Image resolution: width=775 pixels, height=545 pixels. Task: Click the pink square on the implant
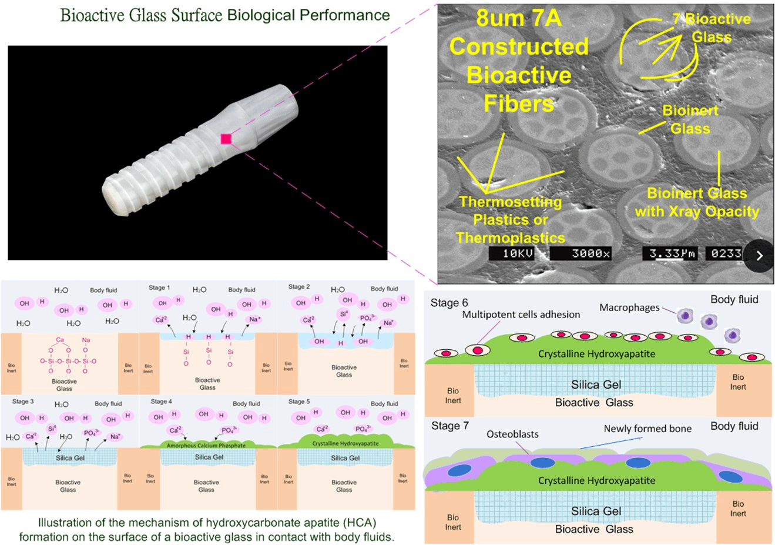click(226, 139)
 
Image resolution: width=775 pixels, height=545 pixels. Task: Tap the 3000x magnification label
click(591, 253)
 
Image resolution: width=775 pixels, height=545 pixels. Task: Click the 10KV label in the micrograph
click(518, 253)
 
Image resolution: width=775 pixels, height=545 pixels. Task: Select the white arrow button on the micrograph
click(759, 256)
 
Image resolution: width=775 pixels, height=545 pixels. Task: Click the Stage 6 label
click(449, 303)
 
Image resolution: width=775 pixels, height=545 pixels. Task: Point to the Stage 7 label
click(449, 426)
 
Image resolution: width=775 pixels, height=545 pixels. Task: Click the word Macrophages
click(629, 307)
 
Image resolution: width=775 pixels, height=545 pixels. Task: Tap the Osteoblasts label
click(512, 434)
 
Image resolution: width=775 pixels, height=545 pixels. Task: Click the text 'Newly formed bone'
click(647, 429)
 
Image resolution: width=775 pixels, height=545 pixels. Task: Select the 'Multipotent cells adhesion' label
click(521, 315)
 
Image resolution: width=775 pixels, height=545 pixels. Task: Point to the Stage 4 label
click(161, 402)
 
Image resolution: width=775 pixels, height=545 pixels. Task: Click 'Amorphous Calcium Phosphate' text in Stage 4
click(206, 446)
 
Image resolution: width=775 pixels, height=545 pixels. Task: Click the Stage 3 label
click(23, 402)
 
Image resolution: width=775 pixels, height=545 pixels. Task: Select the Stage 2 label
click(298, 287)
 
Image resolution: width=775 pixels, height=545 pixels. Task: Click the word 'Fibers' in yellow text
click(519, 103)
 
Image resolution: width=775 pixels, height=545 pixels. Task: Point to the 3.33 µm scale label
click(672, 253)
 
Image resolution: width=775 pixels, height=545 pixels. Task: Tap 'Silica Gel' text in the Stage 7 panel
click(596, 511)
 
